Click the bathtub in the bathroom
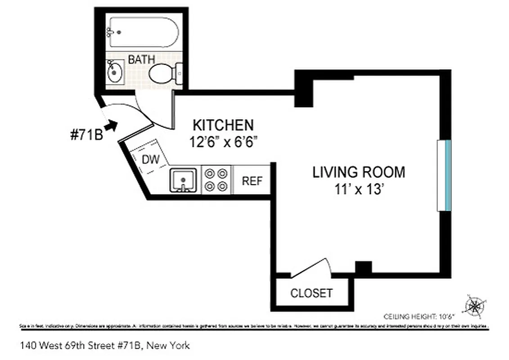tap(143, 32)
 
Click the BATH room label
tap(141, 59)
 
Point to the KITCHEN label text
tap(223, 125)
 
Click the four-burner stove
tap(216, 180)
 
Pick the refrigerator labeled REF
tap(252, 180)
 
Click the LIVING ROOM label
tap(359, 172)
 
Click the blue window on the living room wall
tap(444, 175)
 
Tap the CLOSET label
tap(311, 293)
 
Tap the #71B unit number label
tap(87, 135)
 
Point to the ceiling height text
tap(419, 316)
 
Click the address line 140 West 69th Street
tap(104, 346)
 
